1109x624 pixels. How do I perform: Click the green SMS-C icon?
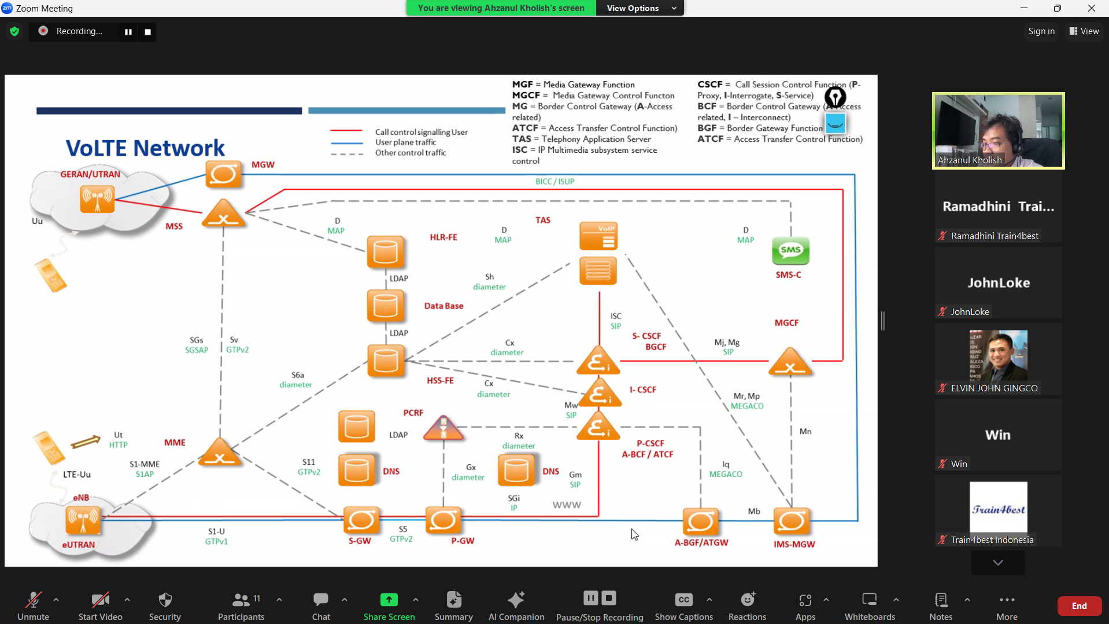pyautogui.click(x=790, y=251)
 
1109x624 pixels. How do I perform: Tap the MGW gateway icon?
pyautogui.click(x=224, y=174)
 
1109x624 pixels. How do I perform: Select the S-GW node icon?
pyautogui.click(x=361, y=520)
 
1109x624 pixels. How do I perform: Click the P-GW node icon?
pyautogui.click(x=443, y=520)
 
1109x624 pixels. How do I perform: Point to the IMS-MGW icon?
pyautogui.click(x=792, y=522)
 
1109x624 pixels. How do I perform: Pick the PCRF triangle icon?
pyautogui.click(x=443, y=429)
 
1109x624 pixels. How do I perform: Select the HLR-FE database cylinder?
pyautogui.click(x=385, y=252)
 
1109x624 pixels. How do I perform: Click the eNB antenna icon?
pyautogui.click(x=83, y=519)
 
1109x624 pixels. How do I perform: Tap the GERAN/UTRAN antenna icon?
pyautogui.click(x=97, y=199)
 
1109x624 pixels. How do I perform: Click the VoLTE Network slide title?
pyautogui.click(x=145, y=148)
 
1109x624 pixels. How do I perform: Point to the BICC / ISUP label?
pyautogui.click(x=554, y=182)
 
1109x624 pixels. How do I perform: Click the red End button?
pyautogui.click(x=1079, y=606)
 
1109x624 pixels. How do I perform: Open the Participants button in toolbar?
pyautogui.click(x=241, y=606)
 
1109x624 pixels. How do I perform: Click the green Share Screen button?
pyautogui.click(x=389, y=606)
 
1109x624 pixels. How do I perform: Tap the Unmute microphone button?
pyautogui.click(x=33, y=606)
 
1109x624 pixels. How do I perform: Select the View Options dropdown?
pyautogui.click(x=639, y=8)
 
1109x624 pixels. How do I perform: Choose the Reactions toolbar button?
pyautogui.click(x=747, y=606)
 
